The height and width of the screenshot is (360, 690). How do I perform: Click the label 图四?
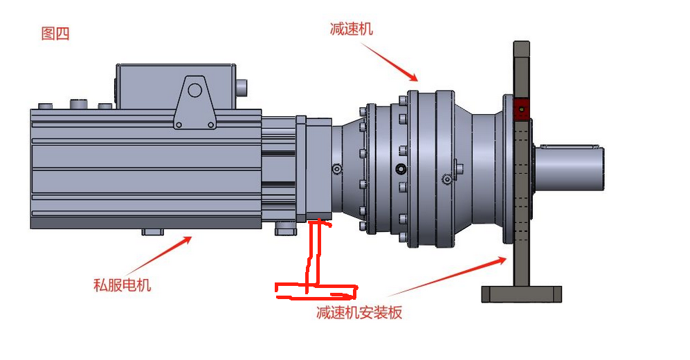click(55, 33)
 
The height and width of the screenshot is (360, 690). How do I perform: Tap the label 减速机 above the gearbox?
click(351, 28)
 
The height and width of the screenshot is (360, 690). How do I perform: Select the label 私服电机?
click(122, 285)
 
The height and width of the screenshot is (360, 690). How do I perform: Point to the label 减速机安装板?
click(359, 312)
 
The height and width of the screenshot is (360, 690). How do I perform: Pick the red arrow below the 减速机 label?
click(390, 62)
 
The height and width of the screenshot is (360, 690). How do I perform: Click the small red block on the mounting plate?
click(521, 109)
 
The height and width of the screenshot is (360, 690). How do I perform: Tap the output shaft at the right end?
click(569, 168)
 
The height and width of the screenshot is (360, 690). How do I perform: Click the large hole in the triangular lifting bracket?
click(194, 90)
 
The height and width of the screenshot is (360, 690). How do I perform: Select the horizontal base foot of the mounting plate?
click(521, 294)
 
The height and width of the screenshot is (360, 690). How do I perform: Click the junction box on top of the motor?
click(176, 87)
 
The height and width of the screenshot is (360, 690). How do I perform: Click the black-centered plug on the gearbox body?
click(401, 168)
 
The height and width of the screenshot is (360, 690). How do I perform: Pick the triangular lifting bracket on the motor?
click(194, 102)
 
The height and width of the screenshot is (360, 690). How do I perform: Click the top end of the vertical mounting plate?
click(521, 43)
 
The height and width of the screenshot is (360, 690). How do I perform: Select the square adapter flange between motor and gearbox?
click(314, 169)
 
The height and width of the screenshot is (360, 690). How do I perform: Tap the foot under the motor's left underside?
click(153, 231)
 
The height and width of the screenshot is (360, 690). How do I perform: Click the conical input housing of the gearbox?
click(347, 170)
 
